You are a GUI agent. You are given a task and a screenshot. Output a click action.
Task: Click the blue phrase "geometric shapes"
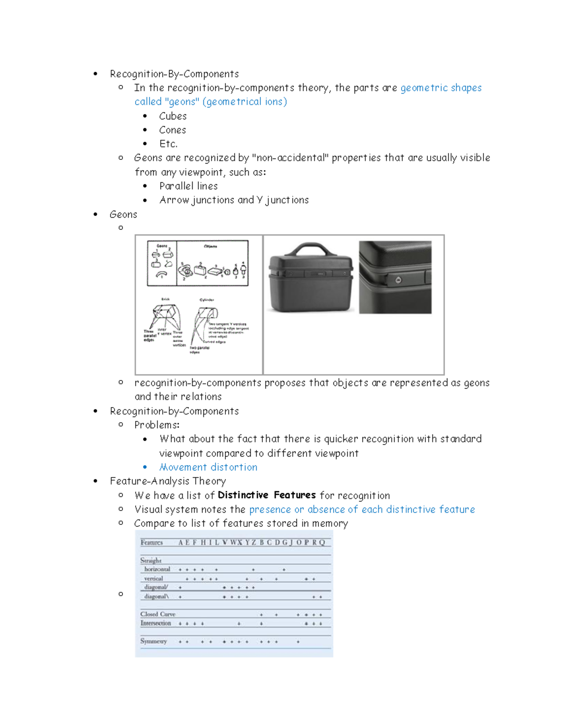click(441, 88)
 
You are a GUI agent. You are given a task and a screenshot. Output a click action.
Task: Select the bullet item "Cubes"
click(173, 116)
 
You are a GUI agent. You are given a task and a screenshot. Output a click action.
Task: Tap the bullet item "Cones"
click(172, 130)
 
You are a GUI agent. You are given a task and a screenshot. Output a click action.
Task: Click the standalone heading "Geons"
click(123, 215)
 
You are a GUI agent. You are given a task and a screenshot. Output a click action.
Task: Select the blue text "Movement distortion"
click(208, 467)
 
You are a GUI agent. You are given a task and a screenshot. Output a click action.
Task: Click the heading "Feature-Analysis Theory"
click(168, 481)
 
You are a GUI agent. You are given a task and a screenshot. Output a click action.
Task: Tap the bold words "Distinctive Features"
click(266, 495)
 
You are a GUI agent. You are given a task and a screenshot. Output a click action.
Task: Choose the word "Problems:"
click(157, 425)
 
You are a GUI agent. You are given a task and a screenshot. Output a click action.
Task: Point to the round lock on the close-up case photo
click(398, 280)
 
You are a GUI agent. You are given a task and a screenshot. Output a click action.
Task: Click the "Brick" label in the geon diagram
click(165, 299)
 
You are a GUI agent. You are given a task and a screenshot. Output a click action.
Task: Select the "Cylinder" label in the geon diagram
click(207, 300)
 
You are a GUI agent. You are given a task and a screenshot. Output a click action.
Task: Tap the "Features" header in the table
click(151, 542)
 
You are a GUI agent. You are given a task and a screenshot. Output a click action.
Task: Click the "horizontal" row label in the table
click(157, 569)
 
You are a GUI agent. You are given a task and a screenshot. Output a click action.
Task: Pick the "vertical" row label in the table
click(153, 578)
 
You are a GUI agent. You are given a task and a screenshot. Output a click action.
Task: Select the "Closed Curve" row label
click(158, 614)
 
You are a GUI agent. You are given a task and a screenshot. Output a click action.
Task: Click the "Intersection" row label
click(156, 623)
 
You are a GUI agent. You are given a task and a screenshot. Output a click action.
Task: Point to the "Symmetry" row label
click(153, 641)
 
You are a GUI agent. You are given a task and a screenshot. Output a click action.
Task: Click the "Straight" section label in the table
click(151, 560)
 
